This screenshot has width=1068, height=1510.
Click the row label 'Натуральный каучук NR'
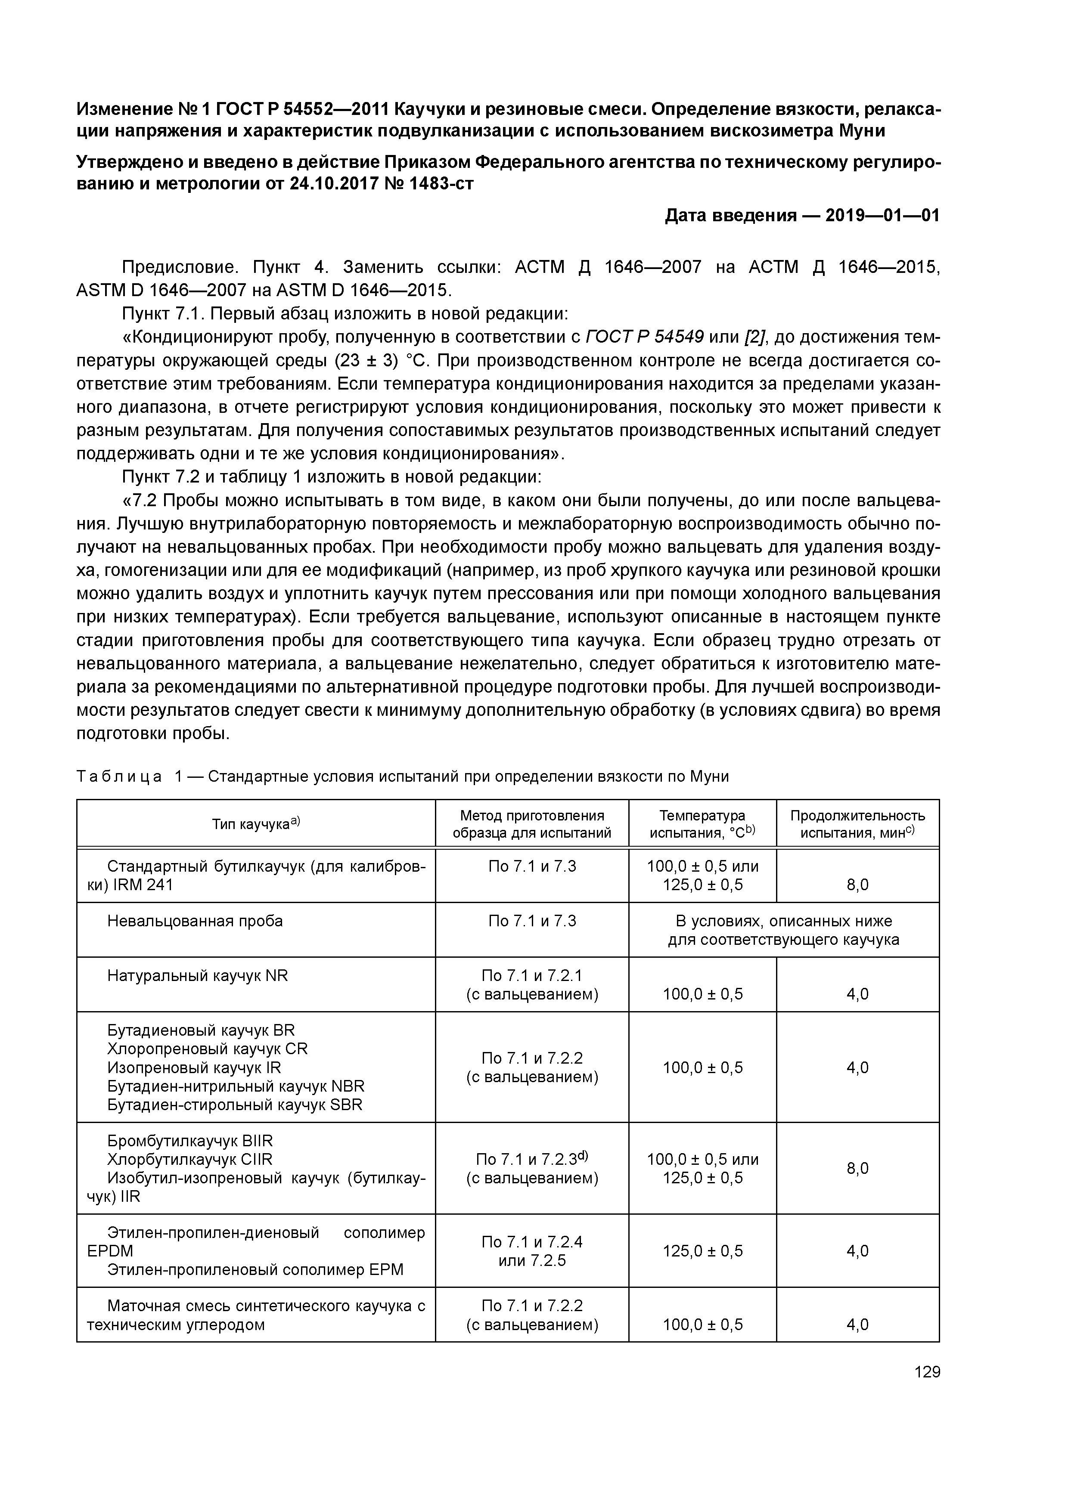coord(197,975)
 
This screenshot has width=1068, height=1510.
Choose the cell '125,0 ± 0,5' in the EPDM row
coord(702,1250)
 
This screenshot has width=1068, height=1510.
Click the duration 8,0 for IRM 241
coord(857,885)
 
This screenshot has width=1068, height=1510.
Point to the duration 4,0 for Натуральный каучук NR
coord(857,994)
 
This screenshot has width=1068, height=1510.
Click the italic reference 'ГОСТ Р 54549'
coord(644,337)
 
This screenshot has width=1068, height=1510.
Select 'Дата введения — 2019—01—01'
coord(802,215)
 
